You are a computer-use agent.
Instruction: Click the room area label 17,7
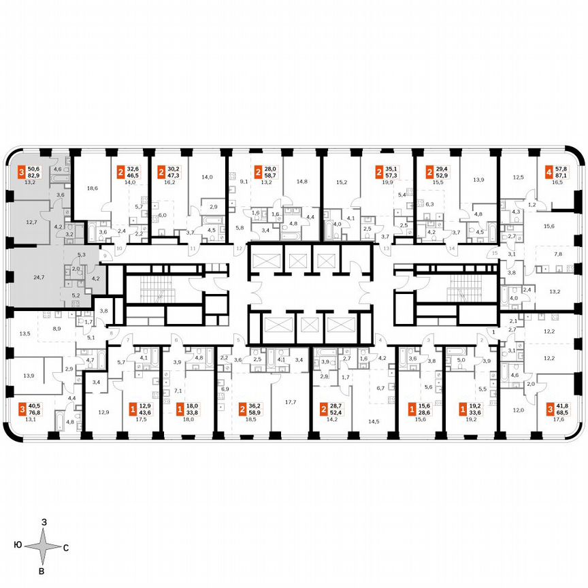click(x=291, y=402)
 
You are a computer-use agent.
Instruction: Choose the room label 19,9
click(x=388, y=182)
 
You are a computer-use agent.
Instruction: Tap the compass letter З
click(x=44, y=522)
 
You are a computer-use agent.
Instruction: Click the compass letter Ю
click(x=16, y=545)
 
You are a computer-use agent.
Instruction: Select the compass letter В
click(x=42, y=571)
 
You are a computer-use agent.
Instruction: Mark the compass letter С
click(x=65, y=546)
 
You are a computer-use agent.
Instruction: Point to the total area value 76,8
click(x=34, y=412)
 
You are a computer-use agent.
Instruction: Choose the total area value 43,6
click(x=146, y=412)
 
